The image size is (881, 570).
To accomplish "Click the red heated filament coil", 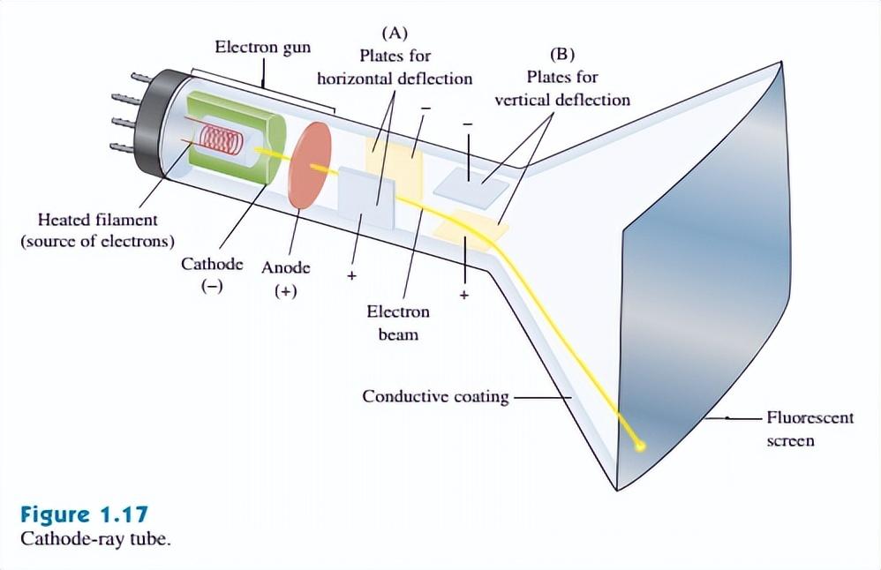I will coord(215,138).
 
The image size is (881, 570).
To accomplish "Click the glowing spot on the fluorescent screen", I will coord(641,446).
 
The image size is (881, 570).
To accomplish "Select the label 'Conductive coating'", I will coord(435,396).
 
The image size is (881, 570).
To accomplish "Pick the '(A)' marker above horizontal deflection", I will coord(394,34).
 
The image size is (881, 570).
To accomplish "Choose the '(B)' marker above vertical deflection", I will coord(563,54).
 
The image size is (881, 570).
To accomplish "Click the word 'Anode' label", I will coord(285,266).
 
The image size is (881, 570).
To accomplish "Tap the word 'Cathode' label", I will coord(212,264).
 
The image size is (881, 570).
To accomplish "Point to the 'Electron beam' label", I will coord(398,323).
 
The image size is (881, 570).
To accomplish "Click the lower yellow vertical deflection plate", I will coord(471,231).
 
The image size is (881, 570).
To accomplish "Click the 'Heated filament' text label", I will coord(98,220).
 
